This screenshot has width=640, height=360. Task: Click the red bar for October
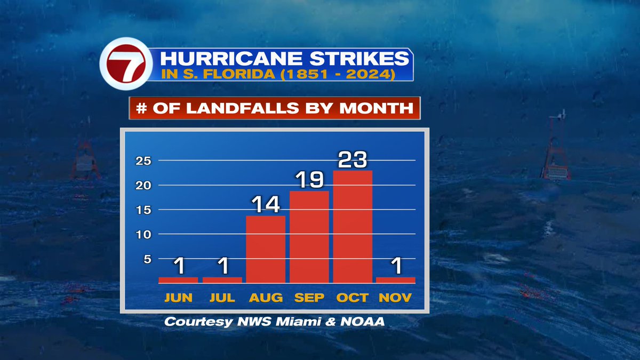(x=353, y=227)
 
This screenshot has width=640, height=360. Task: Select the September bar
(x=309, y=237)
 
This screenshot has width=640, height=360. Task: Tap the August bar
(x=266, y=249)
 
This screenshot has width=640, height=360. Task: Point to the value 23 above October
(x=353, y=159)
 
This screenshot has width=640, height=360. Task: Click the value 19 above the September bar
(x=309, y=180)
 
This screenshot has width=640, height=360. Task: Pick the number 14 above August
(x=266, y=205)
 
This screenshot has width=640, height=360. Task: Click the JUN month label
(x=179, y=298)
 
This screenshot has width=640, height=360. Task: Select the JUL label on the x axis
(x=222, y=298)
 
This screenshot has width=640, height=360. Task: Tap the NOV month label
(x=395, y=298)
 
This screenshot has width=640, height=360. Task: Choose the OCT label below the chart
(x=352, y=298)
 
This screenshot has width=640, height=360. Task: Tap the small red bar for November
(x=395, y=279)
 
